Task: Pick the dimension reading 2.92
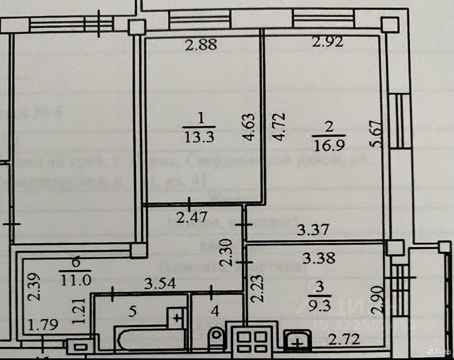(327, 42)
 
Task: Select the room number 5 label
(132, 311)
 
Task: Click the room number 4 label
(215, 311)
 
